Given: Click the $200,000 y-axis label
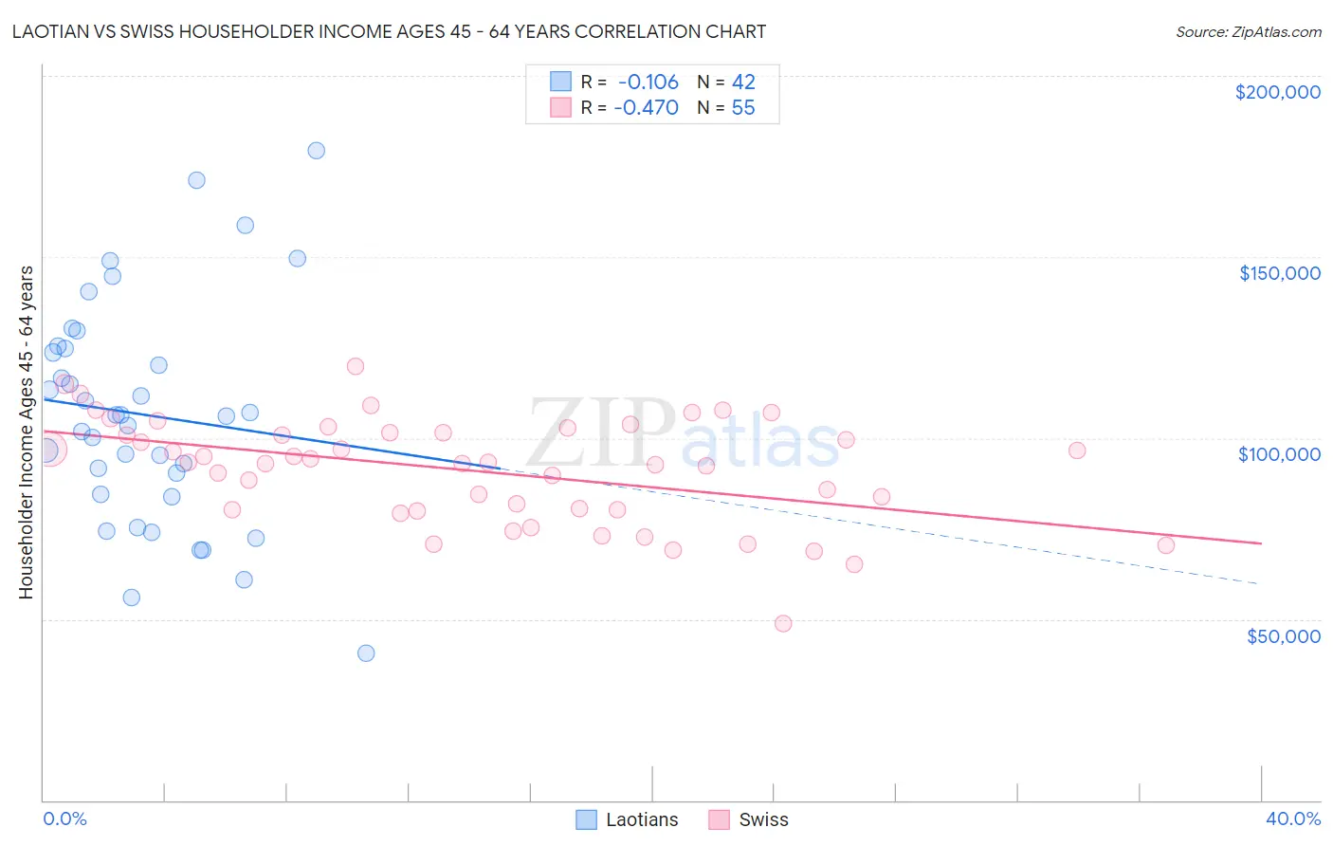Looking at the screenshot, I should coord(1277,92).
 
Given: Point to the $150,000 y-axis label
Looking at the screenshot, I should coord(1279,273).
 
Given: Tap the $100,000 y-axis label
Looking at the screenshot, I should coord(1279,454).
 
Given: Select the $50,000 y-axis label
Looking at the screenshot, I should coord(1283,636).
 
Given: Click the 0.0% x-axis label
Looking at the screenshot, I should coord(64,818).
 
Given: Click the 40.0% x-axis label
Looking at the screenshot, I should coord(1292,818).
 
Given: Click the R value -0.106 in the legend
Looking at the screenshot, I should coord(648,82).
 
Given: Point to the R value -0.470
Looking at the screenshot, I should coord(646,108).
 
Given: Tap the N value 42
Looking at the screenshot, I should coord(742,82).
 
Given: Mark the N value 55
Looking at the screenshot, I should coord(742,108).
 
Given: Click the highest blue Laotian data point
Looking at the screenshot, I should coord(317,151).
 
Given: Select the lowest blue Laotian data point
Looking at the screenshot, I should coord(366,653).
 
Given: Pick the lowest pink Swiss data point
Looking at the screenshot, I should coord(783,624).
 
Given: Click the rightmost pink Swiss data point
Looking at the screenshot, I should coord(1166,545).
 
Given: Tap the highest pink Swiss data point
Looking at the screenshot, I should coord(356,366).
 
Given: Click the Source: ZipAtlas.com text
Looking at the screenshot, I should coord(1248,32).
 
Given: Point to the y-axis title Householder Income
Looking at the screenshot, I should coord(27,432).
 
